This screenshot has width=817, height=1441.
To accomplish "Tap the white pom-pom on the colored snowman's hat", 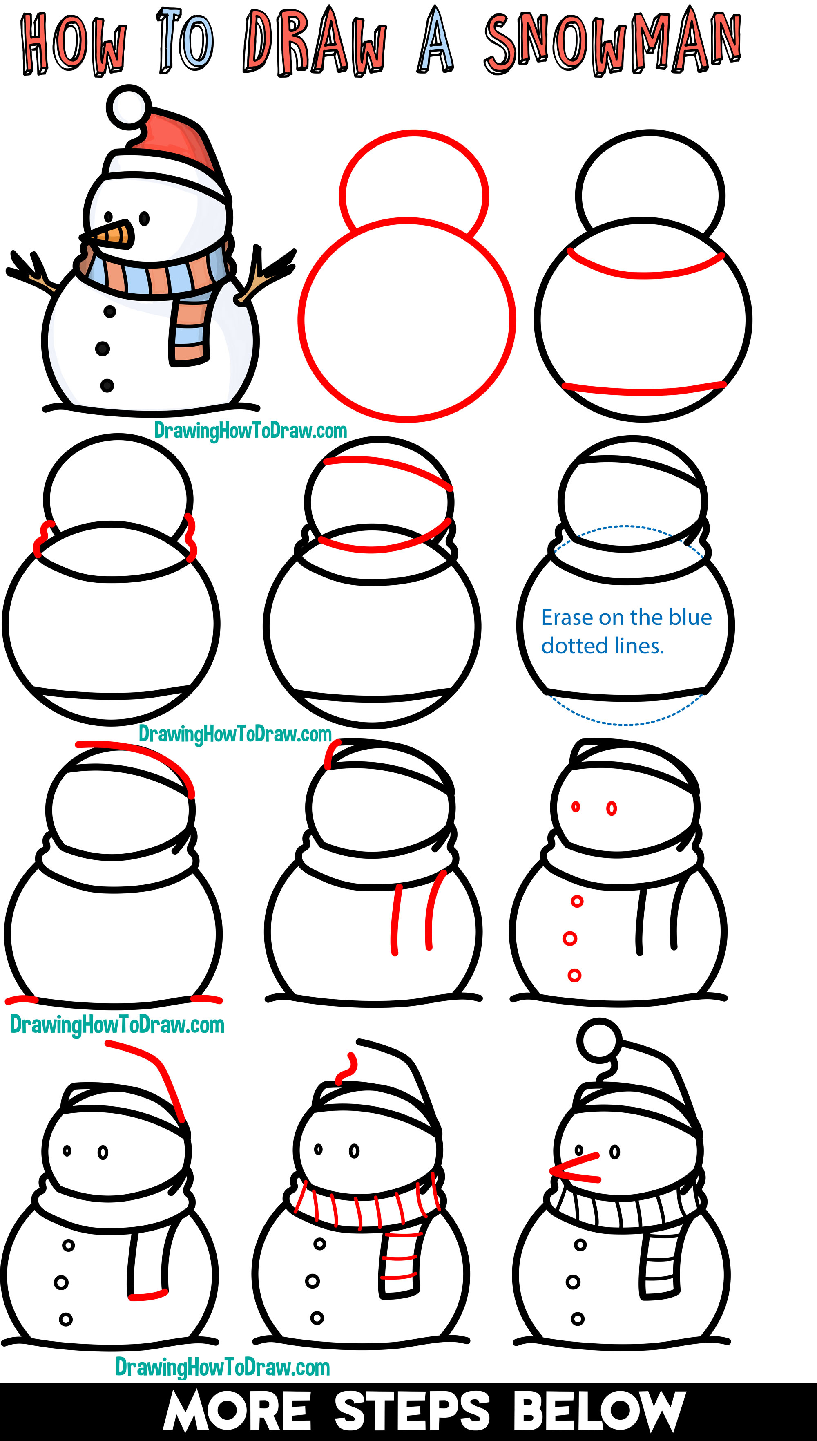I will click(129, 105).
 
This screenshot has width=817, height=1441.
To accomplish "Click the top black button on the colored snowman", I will click(110, 311).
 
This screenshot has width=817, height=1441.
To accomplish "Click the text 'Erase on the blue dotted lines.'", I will click(626, 631).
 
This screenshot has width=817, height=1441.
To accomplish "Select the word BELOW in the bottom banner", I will click(599, 1411).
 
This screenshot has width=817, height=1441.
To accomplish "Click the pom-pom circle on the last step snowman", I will click(599, 1040).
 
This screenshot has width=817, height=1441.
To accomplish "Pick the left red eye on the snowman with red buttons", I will click(576, 807).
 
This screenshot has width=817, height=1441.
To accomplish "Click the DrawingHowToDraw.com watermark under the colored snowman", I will click(250, 431).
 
